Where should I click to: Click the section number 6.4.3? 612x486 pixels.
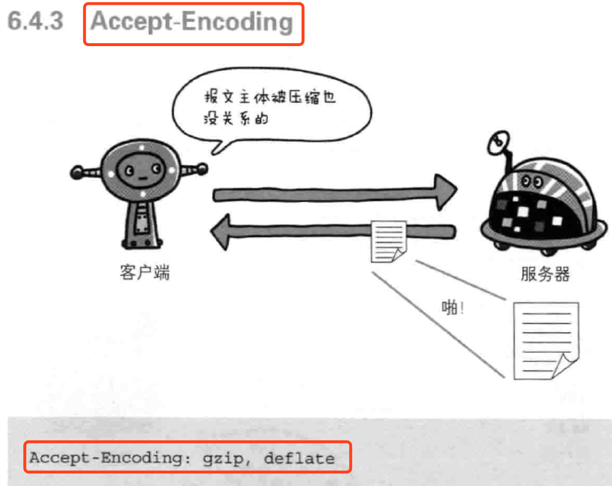pyautogui.click(x=35, y=22)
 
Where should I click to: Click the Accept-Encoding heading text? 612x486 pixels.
pyautogui.click(x=192, y=22)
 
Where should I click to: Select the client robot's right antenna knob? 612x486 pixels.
pyautogui.click(x=202, y=169)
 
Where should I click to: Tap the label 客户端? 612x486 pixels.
pyautogui.click(x=145, y=273)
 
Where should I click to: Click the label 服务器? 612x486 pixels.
pyautogui.click(x=545, y=274)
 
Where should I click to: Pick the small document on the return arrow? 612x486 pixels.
pyautogui.click(x=388, y=241)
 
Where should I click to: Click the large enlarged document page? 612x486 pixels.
pyautogui.click(x=545, y=340)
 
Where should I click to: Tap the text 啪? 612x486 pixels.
pyautogui.click(x=453, y=307)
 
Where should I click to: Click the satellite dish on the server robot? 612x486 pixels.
pyautogui.click(x=499, y=142)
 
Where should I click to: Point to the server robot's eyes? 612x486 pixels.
pyautogui.click(x=531, y=182)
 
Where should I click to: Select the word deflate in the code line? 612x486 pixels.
pyautogui.click(x=299, y=458)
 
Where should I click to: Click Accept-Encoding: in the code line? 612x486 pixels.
pyautogui.click(x=110, y=458)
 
